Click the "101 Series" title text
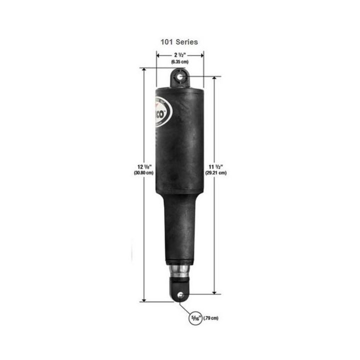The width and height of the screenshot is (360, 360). tap(179, 42)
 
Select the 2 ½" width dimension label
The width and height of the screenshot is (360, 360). tap(179, 55)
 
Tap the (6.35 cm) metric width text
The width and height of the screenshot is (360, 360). tap(179, 61)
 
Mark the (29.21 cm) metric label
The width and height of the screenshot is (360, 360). tap(215, 172)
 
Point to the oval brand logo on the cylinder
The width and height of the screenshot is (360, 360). tap(163, 114)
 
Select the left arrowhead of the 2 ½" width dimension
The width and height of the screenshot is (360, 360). tap(158, 55)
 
